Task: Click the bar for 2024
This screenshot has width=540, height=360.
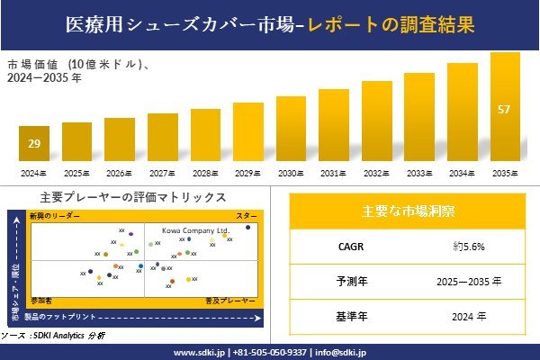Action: [x=33, y=143]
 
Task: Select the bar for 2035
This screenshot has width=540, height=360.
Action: [x=505, y=107]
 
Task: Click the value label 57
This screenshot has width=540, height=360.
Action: [x=505, y=110]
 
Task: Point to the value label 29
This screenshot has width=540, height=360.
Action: [x=33, y=144]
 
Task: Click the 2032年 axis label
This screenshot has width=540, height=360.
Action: [x=376, y=172]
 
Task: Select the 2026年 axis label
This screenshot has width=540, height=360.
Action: [x=119, y=172]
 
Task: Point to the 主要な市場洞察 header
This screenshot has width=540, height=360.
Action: [x=408, y=211]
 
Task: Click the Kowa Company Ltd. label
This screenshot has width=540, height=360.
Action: [x=196, y=229]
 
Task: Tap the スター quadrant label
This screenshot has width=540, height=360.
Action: [x=246, y=217]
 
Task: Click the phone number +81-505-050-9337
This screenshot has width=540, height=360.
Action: [x=270, y=352]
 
